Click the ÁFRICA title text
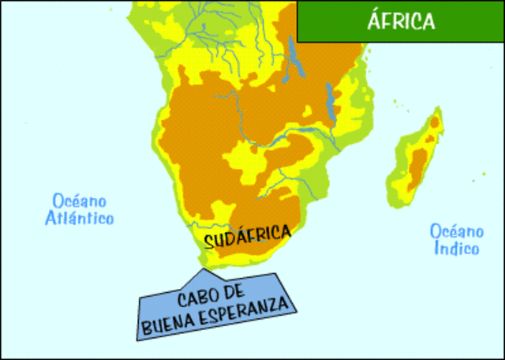(x=401, y=21)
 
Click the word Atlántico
(x=79, y=218)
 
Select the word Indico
(x=457, y=249)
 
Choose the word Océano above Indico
(x=456, y=231)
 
